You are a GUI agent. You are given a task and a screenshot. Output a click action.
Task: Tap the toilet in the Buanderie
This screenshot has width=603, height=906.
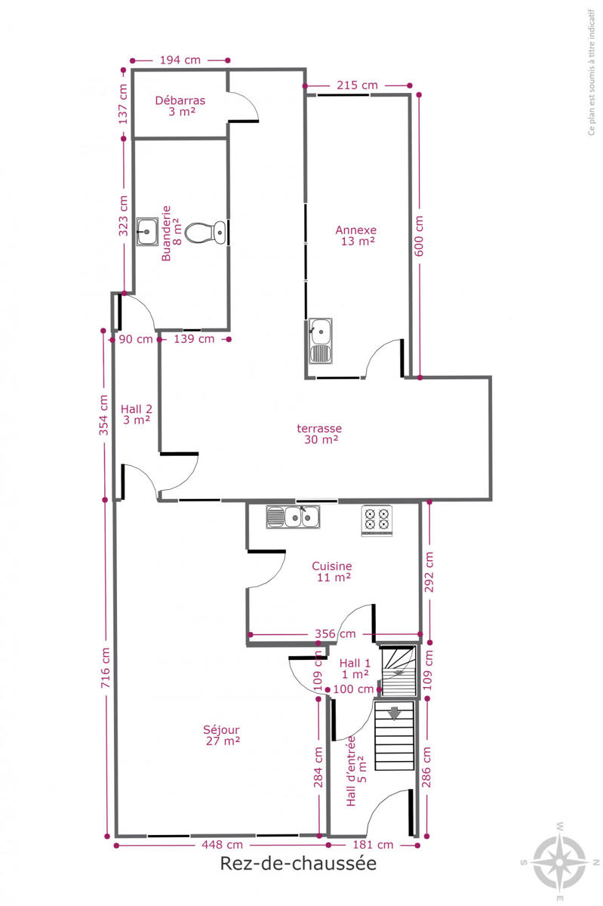pyautogui.click(x=205, y=233)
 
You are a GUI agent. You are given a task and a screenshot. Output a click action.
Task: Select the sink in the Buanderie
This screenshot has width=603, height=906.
pyautogui.click(x=147, y=231)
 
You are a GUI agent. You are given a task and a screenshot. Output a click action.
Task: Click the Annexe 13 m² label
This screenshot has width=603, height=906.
pyautogui.click(x=356, y=236)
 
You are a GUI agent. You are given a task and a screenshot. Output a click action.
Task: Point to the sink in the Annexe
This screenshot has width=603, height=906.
pyautogui.click(x=321, y=341)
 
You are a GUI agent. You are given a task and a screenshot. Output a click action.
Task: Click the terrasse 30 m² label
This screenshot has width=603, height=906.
pyautogui.click(x=319, y=433)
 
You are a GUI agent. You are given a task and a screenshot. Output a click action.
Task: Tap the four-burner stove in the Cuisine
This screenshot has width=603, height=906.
pyautogui.click(x=377, y=520)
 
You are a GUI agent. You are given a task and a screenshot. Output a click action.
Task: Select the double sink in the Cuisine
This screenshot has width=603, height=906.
pyautogui.click(x=293, y=516)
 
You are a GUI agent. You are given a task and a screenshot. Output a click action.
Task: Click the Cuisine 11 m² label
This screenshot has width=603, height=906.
pyautogui.click(x=332, y=571)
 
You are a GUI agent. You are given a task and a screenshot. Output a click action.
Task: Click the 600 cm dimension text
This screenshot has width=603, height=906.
pyautogui.click(x=419, y=236)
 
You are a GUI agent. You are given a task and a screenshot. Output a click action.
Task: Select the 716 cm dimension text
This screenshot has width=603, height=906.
pyautogui.click(x=105, y=668)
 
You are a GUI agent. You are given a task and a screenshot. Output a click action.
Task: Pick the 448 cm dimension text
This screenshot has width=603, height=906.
pyautogui.click(x=222, y=845)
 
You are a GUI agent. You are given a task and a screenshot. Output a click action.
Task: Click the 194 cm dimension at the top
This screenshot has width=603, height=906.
pyautogui.click(x=180, y=60)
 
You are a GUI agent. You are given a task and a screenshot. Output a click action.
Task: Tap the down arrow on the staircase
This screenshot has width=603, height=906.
pyautogui.click(x=394, y=713)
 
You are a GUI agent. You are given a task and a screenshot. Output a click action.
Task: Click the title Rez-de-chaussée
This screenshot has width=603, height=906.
pyautogui.click(x=298, y=863)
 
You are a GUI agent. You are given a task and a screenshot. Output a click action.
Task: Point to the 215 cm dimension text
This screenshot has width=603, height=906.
pyautogui.click(x=357, y=85)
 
